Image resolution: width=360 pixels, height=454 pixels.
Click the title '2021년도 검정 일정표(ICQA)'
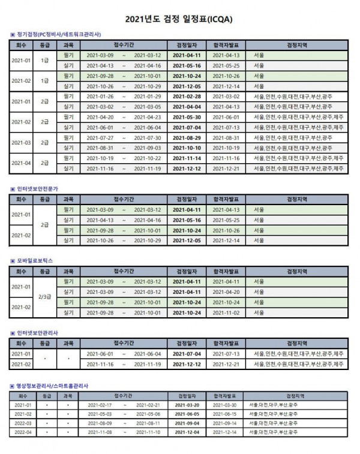tap(179, 20)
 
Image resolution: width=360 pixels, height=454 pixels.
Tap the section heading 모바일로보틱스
tap(36, 261)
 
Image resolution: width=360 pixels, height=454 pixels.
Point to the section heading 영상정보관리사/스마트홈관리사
tap(53, 386)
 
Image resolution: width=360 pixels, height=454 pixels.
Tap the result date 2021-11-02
tap(227, 312)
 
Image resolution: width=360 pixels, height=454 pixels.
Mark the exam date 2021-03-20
tap(190, 405)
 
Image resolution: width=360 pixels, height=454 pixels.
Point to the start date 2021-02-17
tap(100, 405)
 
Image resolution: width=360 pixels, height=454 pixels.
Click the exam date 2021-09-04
tap(190, 423)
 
